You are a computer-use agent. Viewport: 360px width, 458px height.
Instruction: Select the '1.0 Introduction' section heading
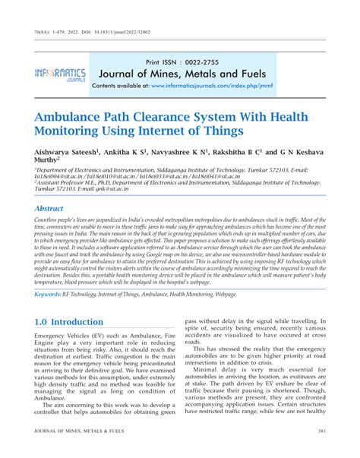tap(68, 321)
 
